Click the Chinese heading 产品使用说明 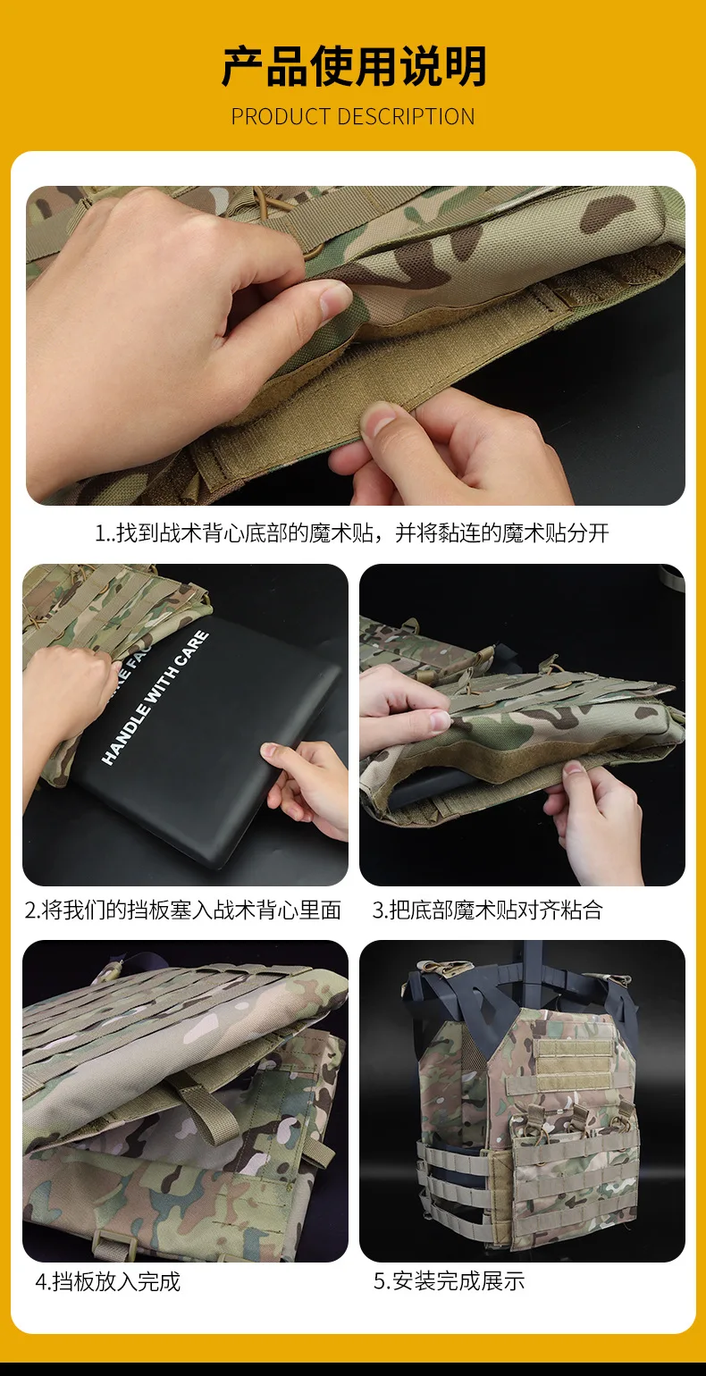(353, 66)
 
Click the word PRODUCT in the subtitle (281, 117)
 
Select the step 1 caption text (352, 533)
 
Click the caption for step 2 (182, 910)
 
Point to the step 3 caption (487, 910)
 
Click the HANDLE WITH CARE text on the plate (155, 698)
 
